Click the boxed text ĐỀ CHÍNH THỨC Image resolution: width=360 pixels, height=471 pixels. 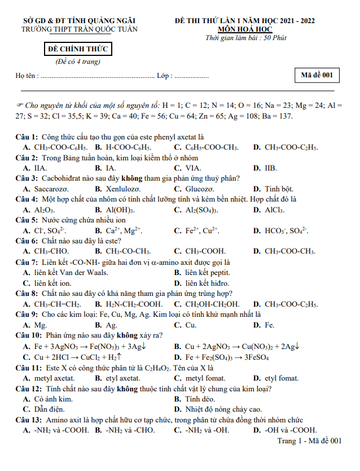click(x=78, y=50)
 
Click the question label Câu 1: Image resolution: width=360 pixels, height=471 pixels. click(x=27, y=137)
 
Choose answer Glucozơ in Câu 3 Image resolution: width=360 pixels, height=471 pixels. click(x=200, y=189)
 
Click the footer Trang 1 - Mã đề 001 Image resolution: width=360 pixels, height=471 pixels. click(x=309, y=440)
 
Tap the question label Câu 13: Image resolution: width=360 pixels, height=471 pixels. click(x=28, y=420)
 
